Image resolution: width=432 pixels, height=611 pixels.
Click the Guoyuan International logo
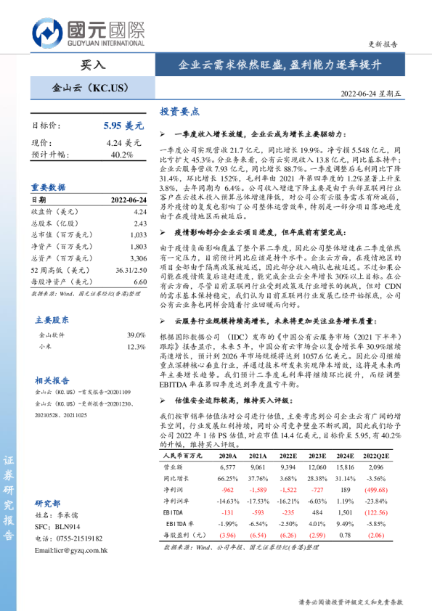[88, 33]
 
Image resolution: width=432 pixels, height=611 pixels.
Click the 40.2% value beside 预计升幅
[121, 155]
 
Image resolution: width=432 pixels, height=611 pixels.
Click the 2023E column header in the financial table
[316, 455]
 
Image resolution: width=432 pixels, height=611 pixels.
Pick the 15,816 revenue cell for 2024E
[346, 467]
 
